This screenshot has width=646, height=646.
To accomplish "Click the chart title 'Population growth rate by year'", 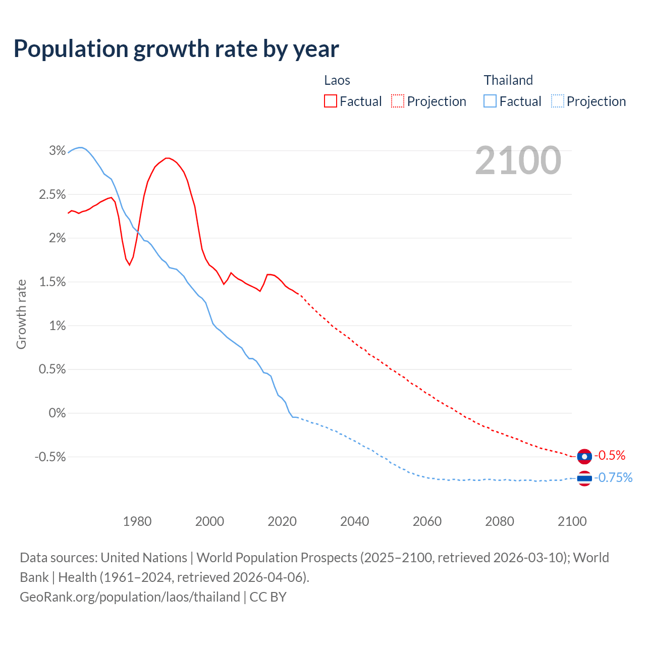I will (176, 49).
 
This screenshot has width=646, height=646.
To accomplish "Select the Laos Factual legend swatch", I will (330, 101).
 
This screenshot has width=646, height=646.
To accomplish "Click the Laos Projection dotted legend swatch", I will (398, 101).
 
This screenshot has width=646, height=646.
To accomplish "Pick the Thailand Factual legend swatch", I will (490, 101).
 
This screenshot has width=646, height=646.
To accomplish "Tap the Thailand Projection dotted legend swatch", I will (558, 101).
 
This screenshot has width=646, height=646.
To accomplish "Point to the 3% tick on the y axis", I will (58, 150).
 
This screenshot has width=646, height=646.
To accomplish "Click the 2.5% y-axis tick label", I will (52, 194).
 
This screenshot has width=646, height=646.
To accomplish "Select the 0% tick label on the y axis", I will (57, 413).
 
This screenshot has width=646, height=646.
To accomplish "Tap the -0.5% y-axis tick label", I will (50, 457).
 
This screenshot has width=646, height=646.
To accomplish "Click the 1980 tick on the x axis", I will (137, 521).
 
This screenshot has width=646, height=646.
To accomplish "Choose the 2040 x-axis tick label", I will (354, 521).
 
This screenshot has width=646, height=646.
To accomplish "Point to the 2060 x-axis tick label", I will (427, 521).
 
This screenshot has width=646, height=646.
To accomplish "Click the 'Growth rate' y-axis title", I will (21, 314).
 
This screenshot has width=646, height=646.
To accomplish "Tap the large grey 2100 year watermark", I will (518, 160).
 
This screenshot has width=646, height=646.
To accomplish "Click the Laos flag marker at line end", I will (584, 456).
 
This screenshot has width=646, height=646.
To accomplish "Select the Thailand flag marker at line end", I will (584, 478).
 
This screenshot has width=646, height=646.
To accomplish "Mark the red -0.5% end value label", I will (610, 455).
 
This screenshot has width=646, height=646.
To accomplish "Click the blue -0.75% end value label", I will (613, 477).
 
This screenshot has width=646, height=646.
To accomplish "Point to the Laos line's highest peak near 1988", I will (167, 158).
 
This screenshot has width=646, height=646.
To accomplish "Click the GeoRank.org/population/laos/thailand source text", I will (130, 597).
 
